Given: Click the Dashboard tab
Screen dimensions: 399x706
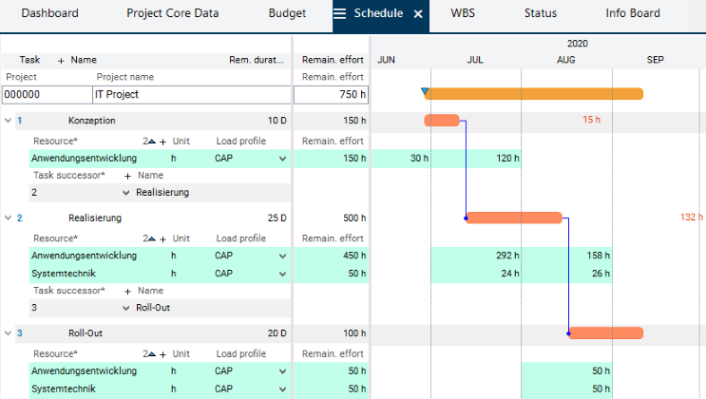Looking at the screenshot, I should [49, 14].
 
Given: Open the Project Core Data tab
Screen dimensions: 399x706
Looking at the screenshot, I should [172, 14].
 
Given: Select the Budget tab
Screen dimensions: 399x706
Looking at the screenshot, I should [287, 14].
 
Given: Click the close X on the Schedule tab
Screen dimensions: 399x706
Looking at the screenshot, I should [418, 14].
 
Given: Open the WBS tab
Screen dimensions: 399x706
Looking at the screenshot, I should [464, 14].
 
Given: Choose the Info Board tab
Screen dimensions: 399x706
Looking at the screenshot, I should [633, 14].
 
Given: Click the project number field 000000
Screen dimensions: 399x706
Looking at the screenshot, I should [46, 94].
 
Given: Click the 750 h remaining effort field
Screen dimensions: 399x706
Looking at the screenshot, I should [331, 94].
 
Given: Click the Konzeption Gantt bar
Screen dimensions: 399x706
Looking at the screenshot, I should [442, 121].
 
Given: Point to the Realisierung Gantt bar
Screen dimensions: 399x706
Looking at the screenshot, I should [514, 218].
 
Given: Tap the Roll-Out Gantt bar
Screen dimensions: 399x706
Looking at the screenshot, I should [605, 332].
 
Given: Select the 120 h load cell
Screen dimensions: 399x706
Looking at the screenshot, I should [507, 159].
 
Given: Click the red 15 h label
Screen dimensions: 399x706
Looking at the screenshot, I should [592, 121].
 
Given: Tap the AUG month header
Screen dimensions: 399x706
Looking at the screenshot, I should [565, 60].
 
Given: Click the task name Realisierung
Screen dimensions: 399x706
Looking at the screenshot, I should [95, 218].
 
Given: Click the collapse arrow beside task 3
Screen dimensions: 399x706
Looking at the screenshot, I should [8, 332].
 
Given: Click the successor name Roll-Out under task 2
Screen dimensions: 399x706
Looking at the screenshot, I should [154, 308].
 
